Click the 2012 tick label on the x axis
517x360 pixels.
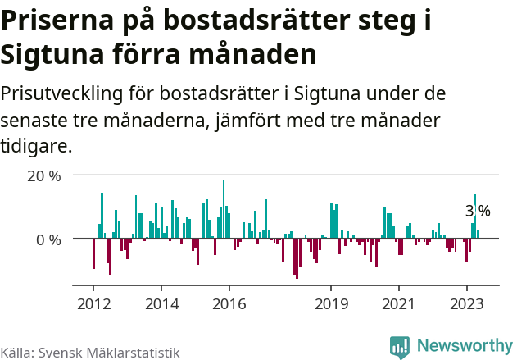coord(93,303)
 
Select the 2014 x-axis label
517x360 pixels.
coord(161,303)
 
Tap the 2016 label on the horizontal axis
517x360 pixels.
coord(229,303)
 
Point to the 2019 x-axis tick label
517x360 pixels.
coord(331,303)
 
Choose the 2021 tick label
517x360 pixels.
coord(399,303)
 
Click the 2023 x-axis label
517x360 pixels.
coord(467,303)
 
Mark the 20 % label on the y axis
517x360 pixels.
coord(44,175)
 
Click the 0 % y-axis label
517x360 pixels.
coord(48,239)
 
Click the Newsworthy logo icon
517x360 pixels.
coord(400,347)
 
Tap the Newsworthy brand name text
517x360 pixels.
coord(464,346)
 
